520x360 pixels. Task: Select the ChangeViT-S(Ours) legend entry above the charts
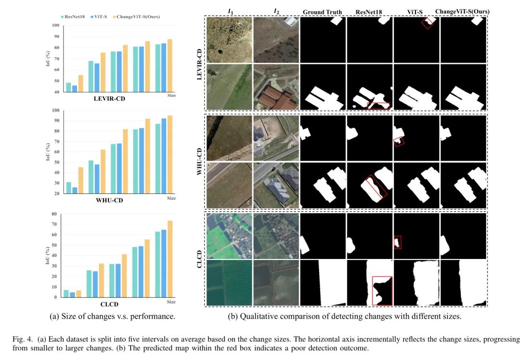[137, 17]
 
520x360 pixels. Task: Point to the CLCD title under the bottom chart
[109, 304]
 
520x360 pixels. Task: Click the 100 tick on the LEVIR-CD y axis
[56, 26]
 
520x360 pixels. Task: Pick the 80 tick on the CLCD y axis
[54, 214]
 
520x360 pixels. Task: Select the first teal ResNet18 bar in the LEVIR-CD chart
[68, 87]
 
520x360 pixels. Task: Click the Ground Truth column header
[323, 12]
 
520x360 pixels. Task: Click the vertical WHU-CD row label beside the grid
[200, 161]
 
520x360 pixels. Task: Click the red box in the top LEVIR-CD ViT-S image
[427, 24]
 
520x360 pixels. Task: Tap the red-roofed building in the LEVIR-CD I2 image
[277, 99]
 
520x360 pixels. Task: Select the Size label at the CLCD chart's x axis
[171, 302]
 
